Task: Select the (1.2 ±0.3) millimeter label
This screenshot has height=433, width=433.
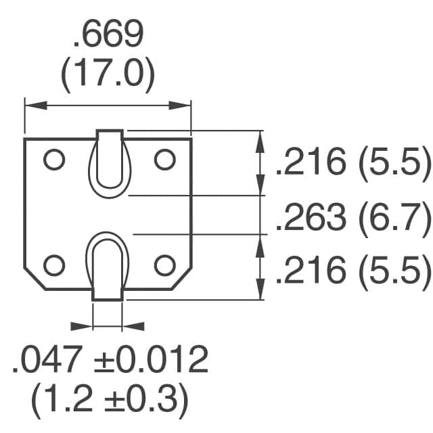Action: [108, 401]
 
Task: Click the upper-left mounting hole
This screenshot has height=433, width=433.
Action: [53, 160]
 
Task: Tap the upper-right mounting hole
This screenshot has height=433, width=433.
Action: [164, 160]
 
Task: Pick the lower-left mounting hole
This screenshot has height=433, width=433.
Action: [53, 265]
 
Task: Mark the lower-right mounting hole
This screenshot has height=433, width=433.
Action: [164, 265]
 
